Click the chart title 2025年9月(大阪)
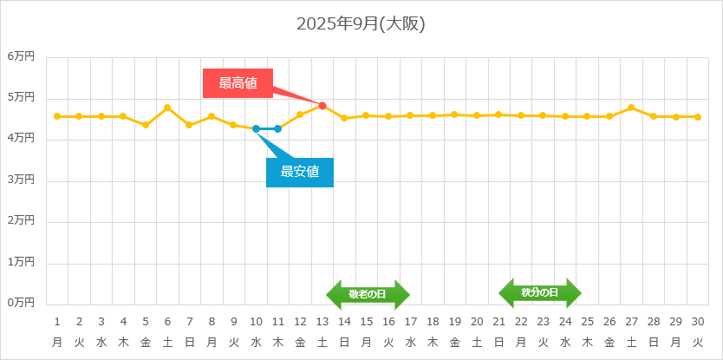[x=361, y=23]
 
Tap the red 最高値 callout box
[x=238, y=83]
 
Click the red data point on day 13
[x=322, y=106]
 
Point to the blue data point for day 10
[x=256, y=128]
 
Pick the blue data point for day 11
[x=277, y=128]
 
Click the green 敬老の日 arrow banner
[x=368, y=294]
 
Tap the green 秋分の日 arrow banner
[x=539, y=292]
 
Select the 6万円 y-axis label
[x=21, y=56]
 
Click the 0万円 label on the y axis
[x=21, y=303]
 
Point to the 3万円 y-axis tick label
[x=21, y=180]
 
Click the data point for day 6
[x=167, y=108]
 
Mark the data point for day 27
[x=631, y=108]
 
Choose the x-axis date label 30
[x=697, y=321]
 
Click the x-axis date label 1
[x=57, y=321]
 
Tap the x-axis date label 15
[x=367, y=321]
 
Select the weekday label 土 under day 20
[x=477, y=342]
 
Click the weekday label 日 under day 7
[x=190, y=342]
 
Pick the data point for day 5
[x=146, y=125]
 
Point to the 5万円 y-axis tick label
[x=21, y=97]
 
